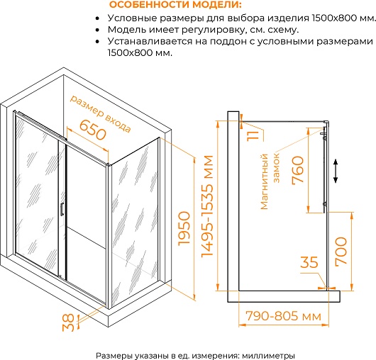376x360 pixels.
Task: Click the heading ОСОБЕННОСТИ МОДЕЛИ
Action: click(175, 5)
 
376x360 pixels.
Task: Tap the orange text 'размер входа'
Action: click(101, 114)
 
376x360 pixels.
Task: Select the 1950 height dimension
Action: click(184, 228)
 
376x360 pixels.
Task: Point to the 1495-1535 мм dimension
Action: click(207, 206)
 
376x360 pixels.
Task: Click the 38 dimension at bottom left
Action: click(68, 322)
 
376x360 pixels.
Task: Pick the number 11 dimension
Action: click(253, 135)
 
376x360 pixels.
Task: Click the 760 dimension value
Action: click(298, 170)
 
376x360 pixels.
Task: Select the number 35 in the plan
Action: click(309, 262)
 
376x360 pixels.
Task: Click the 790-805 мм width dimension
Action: click(284, 316)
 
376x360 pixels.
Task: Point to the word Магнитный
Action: click(264, 182)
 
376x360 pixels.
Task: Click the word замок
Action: click(277, 168)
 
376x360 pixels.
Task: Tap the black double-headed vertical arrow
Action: click(336, 171)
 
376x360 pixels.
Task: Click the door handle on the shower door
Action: click(62, 209)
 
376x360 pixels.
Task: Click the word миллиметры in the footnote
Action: click(269, 356)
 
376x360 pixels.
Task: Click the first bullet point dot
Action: click(97, 18)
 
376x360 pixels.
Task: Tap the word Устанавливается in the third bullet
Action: click(150, 41)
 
